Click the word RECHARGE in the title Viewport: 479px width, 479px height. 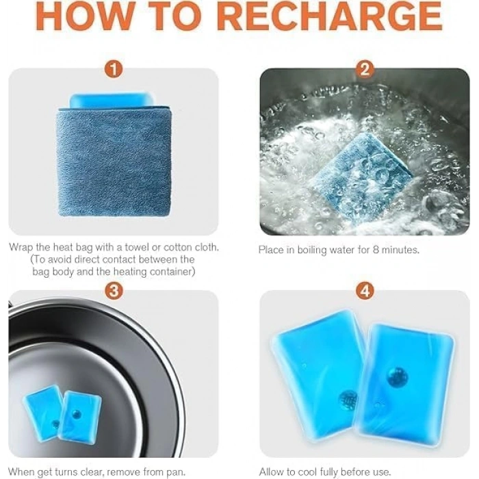pos(331,15)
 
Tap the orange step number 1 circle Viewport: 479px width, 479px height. pos(114,69)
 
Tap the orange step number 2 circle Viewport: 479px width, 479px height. pos(365,69)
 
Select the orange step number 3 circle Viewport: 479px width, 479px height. pos(114,291)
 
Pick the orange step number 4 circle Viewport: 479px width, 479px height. pos(365,291)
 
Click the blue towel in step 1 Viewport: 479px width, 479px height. pos(114,162)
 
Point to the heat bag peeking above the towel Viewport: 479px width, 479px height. pos(112,101)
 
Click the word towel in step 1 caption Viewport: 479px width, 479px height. pos(137,247)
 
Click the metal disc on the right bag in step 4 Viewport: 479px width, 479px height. pos(398,376)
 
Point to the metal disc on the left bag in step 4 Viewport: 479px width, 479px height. pos(348,399)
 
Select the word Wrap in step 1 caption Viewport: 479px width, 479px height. pos(21,248)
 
